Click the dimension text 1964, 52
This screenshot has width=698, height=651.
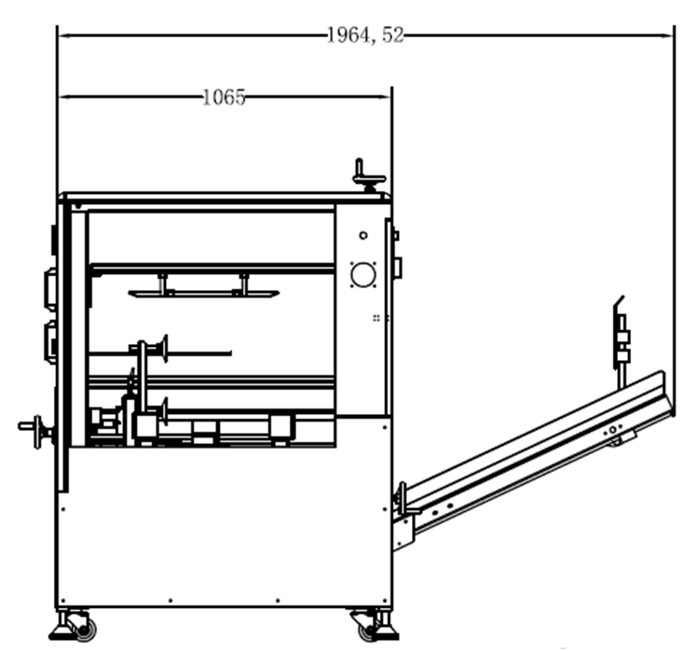pos(365,35)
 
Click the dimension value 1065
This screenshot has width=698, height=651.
pos(224,97)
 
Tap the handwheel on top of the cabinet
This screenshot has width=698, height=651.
pos(369,176)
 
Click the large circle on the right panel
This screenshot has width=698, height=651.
pos(363,274)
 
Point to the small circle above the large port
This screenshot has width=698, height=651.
pos(363,235)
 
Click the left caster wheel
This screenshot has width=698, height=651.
pos(84,630)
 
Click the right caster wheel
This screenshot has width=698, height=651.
pos(369,630)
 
